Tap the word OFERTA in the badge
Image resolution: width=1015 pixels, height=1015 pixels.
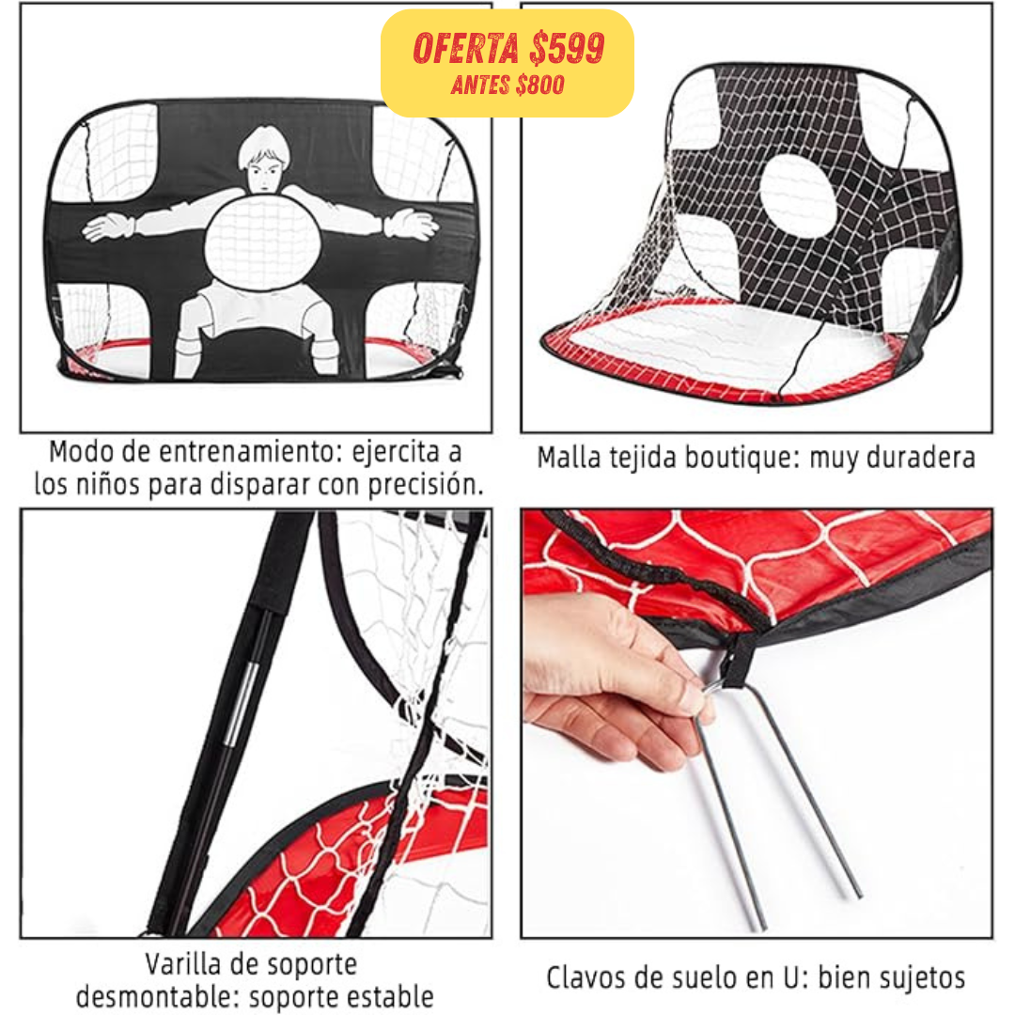coord(466,49)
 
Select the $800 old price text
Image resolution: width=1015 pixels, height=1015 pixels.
coord(539,85)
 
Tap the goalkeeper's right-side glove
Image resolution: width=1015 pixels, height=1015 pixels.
coord(411,225)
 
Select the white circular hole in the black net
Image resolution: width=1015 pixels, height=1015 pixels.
coord(798,195)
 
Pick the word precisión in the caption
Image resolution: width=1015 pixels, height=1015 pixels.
coord(426,485)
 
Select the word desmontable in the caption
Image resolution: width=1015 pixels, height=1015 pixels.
coord(153,997)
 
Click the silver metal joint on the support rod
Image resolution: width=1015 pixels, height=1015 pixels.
coord(241,703)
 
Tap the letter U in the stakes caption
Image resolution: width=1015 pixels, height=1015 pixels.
coord(791,978)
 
